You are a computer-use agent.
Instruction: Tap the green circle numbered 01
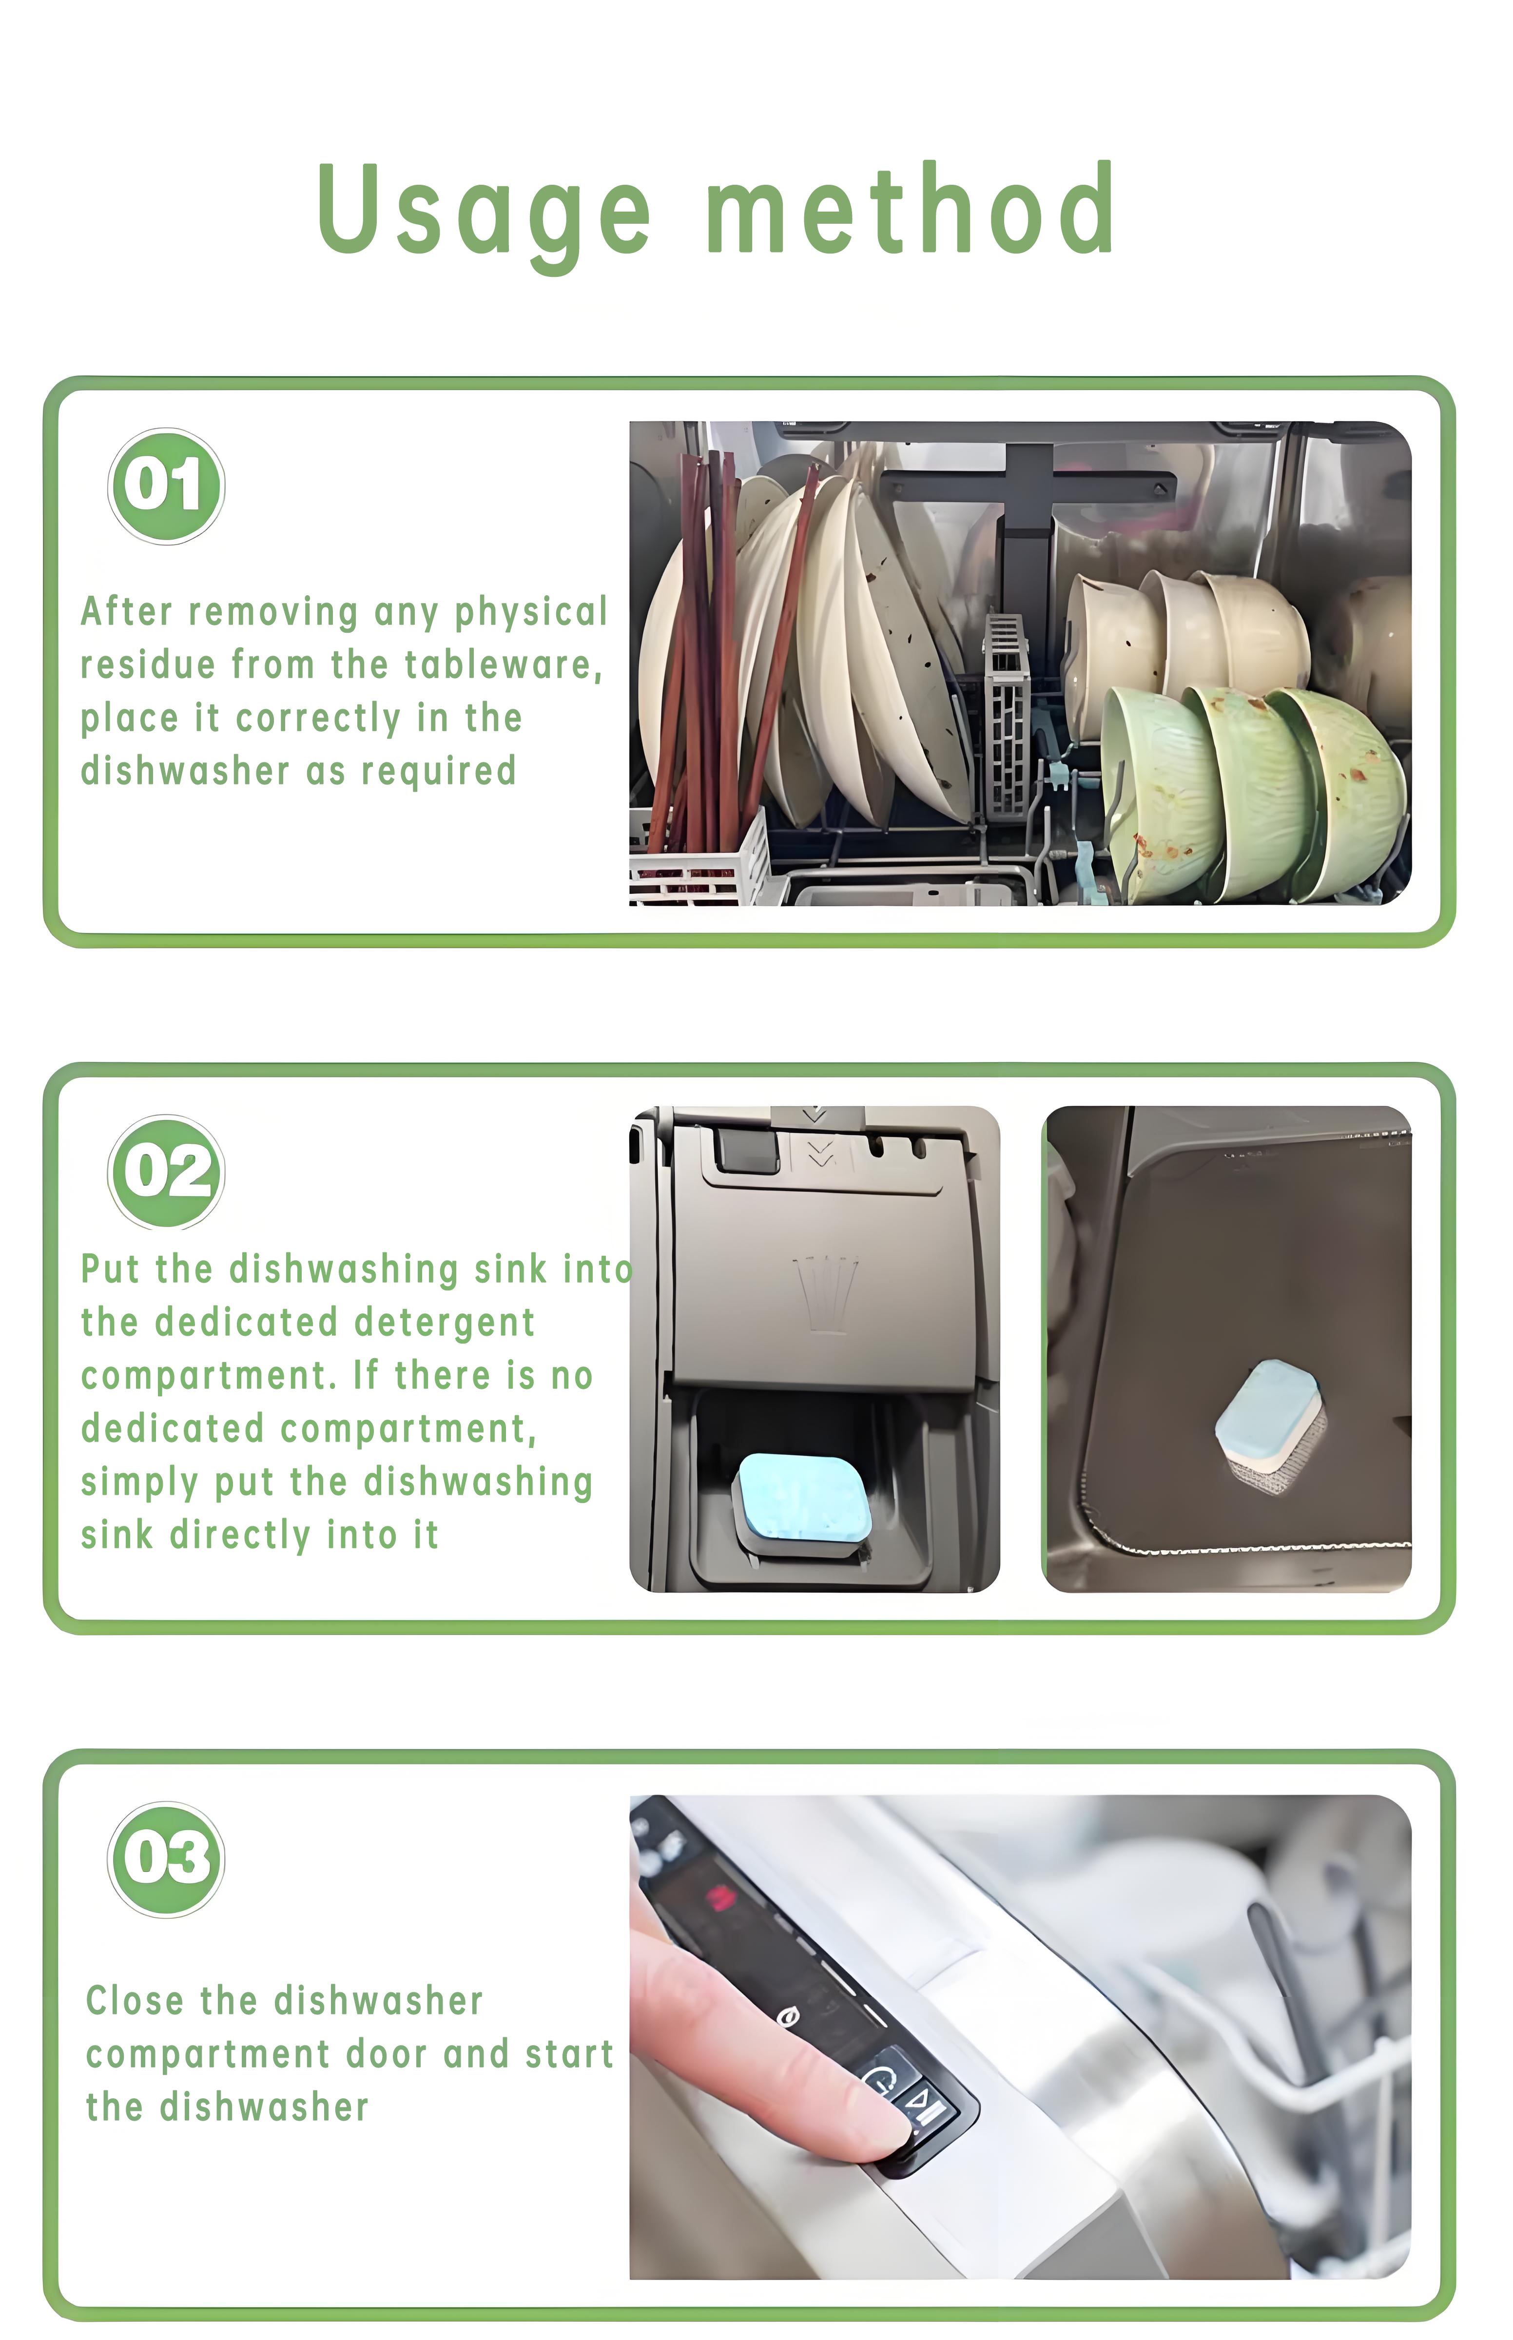(166, 486)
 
